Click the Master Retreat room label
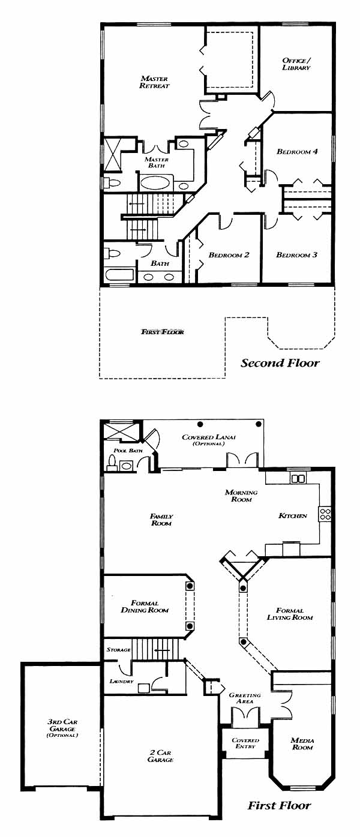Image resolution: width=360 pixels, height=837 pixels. (x=155, y=82)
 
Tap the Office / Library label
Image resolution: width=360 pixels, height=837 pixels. (x=296, y=64)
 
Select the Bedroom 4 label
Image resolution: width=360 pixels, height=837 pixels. (x=297, y=151)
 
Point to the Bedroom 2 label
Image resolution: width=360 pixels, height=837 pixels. (x=229, y=255)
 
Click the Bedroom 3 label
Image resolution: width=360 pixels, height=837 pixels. (x=297, y=255)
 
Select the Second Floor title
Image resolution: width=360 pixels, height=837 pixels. (x=280, y=363)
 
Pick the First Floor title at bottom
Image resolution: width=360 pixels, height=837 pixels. (x=279, y=805)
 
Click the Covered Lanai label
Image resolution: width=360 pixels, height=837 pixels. (x=209, y=440)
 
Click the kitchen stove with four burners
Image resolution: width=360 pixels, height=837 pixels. (x=325, y=514)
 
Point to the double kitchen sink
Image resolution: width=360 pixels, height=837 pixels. (x=298, y=478)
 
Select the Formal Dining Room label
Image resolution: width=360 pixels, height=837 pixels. (x=145, y=606)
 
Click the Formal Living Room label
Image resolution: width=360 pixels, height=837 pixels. (x=290, y=614)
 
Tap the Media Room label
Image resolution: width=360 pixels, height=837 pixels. (x=302, y=743)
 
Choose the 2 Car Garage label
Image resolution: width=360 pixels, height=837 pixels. (x=160, y=756)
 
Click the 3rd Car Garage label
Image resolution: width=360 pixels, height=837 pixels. (x=62, y=728)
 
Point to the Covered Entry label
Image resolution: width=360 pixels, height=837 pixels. (x=245, y=743)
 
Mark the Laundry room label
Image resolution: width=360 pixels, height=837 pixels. (x=121, y=681)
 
